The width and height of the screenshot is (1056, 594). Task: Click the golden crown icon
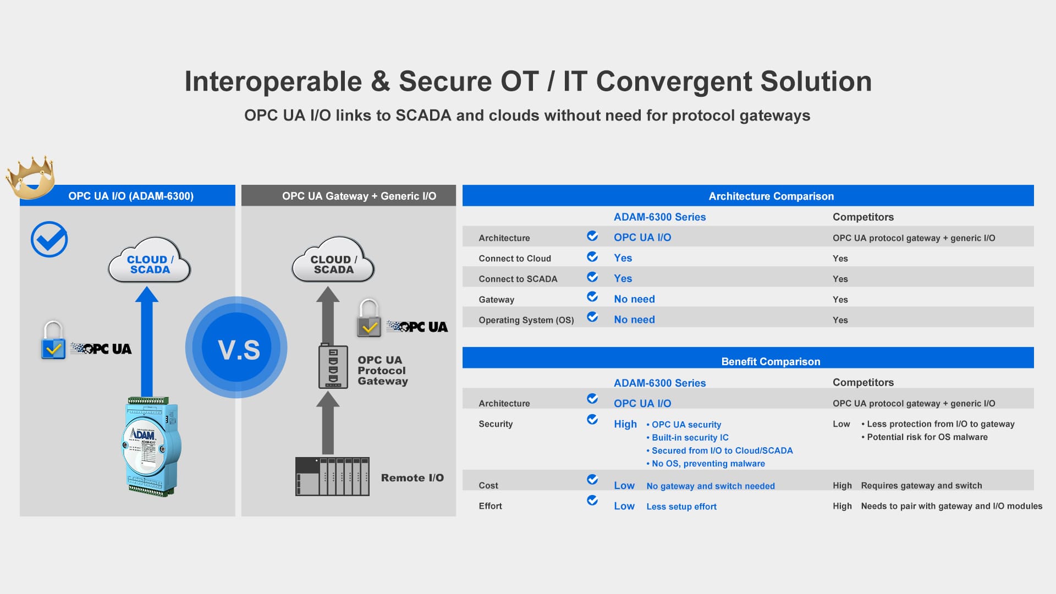click(31, 177)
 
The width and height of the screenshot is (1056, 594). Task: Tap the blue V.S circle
click(237, 348)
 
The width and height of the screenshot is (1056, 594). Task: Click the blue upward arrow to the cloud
click(147, 341)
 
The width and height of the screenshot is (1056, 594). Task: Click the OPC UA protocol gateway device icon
click(333, 366)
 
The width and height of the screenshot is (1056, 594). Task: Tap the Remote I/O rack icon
click(332, 476)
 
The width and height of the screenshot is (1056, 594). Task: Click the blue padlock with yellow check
click(53, 340)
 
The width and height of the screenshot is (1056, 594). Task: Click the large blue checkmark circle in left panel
click(49, 239)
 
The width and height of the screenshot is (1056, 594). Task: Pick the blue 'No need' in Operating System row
click(634, 320)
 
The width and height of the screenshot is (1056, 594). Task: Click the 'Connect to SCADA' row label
click(518, 279)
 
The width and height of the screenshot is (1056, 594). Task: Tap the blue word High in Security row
click(625, 424)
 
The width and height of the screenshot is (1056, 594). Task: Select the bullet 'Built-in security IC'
click(687, 437)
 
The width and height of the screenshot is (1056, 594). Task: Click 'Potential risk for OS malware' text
click(925, 437)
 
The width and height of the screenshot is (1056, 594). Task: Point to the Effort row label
click(490, 506)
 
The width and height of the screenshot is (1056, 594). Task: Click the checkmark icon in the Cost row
click(592, 480)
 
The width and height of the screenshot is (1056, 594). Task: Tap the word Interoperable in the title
click(273, 81)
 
